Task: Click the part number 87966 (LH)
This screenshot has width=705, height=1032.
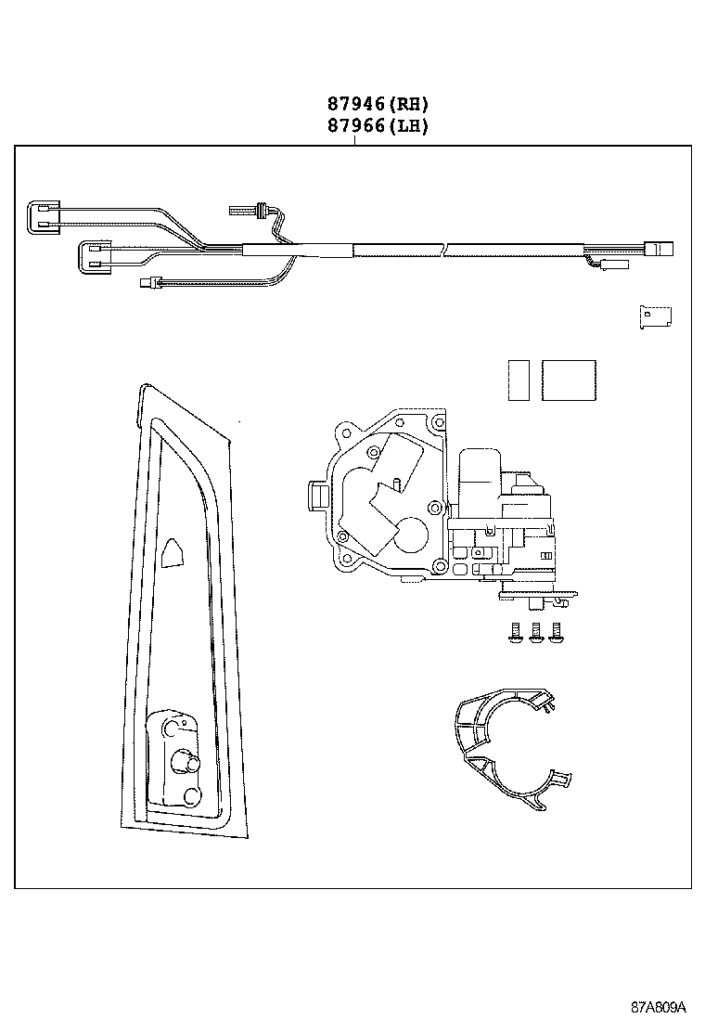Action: click(x=377, y=126)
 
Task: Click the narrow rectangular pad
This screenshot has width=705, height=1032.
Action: click(x=519, y=381)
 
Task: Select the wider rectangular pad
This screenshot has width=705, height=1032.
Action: click(x=569, y=381)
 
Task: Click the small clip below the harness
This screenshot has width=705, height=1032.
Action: click(x=656, y=316)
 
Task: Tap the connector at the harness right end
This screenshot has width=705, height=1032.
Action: click(x=662, y=249)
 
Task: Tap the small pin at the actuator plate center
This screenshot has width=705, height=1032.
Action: click(x=395, y=482)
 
